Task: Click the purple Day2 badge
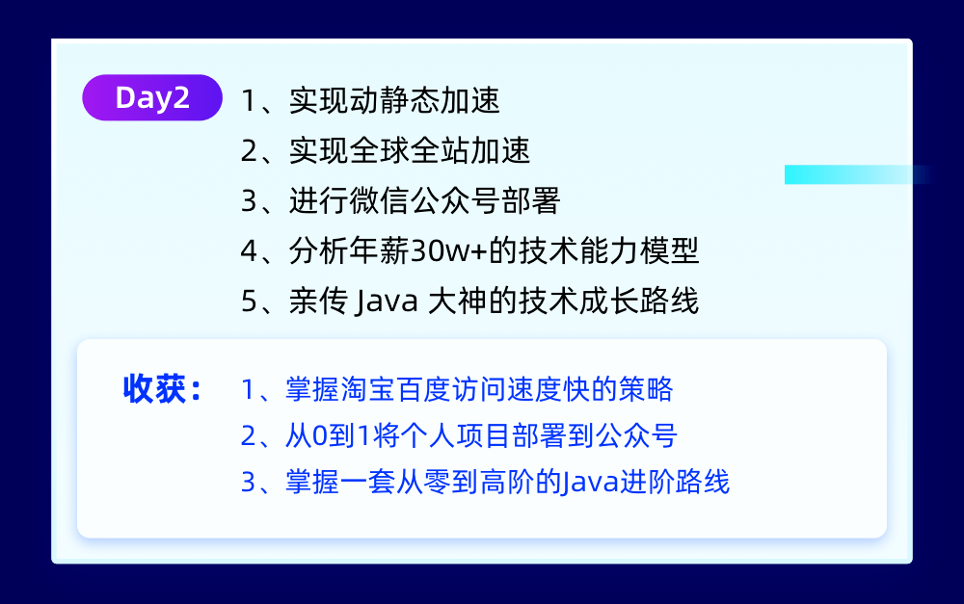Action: [x=152, y=98]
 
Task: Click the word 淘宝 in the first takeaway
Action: [x=358, y=389]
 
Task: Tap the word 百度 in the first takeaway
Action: [x=406, y=389]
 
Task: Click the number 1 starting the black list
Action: [x=249, y=100]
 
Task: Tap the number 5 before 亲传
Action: [x=249, y=302]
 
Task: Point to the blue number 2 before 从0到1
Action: [x=248, y=436]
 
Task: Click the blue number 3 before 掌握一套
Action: [x=248, y=482]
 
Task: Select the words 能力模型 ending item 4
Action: [x=651, y=251]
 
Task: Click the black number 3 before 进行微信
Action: [x=249, y=201]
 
